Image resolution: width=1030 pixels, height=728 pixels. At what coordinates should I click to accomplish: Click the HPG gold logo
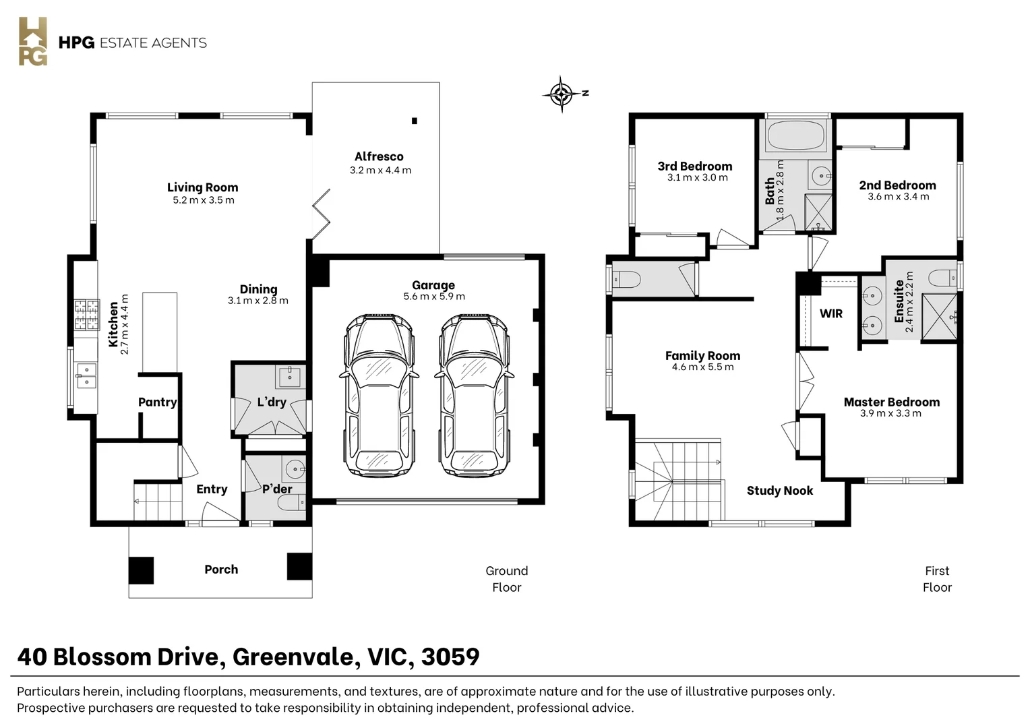[33, 41]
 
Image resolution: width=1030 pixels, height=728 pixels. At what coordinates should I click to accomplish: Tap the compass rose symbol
[562, 94]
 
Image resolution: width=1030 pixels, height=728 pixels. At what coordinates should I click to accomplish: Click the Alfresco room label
[379, 157]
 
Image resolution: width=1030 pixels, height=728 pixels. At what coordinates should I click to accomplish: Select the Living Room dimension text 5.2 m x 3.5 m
[204, 200]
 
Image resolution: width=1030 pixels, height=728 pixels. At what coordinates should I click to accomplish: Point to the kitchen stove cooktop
[87, 315]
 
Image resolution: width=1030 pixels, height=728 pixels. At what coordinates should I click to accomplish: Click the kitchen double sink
[86, 375]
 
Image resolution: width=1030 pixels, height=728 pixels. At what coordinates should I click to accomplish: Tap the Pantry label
[158, 402]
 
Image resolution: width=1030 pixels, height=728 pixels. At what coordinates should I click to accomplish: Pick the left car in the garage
[379, 395]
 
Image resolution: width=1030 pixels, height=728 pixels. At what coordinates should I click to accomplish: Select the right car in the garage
[474, 395]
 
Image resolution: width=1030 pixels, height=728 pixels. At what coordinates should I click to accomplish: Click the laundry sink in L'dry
[290, 377]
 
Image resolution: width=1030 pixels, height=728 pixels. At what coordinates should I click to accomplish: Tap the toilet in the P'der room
[291, 504]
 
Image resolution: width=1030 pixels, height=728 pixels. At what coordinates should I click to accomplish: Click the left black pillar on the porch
[141, 570]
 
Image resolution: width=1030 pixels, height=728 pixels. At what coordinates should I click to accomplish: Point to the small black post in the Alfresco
[415, 121]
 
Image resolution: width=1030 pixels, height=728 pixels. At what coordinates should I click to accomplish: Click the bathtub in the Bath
[796, 135]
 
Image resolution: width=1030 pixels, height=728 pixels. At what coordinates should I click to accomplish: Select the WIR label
[831, 313]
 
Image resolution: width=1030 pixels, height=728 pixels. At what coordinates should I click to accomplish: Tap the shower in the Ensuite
[940, 317]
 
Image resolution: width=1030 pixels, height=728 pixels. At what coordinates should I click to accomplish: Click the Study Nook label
[780, 491]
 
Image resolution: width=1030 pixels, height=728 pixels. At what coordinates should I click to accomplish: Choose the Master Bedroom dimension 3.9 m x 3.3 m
[890, 413]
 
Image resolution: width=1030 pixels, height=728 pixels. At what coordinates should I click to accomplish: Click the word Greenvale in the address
[297, 657]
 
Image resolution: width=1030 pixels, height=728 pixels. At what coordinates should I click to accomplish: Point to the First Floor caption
[937, 579]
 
